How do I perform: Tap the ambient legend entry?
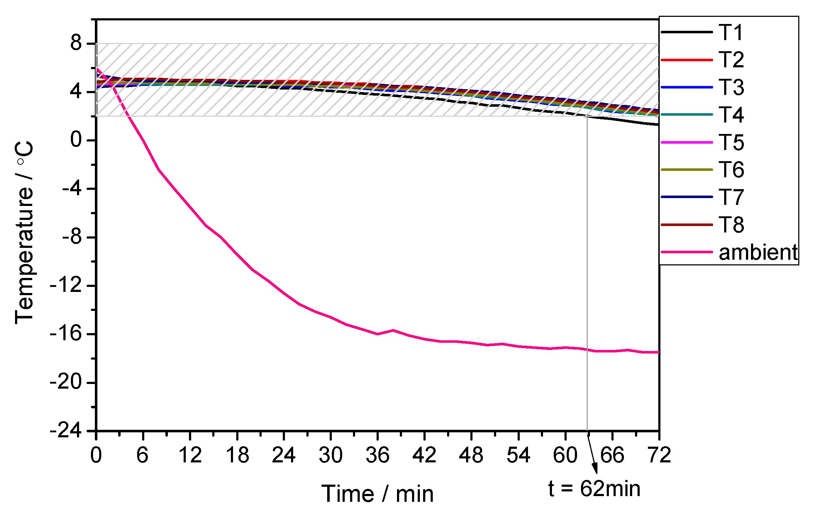(x=758, y=253)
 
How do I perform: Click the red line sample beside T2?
(x=687, y=60)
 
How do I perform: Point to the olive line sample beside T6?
(x=687, y=169)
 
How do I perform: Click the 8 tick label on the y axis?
(x=76, y=43)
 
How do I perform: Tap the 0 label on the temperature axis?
(x=76, y=140)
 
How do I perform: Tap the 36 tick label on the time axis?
(x=377, y=455)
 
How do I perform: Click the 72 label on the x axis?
(x=659, y=455)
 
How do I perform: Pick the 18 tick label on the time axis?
(x=237, y=455)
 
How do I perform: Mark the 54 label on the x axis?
(x=518, y=455)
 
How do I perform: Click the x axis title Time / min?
(x=377, y=494)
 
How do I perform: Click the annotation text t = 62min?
(x=594, y=489)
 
